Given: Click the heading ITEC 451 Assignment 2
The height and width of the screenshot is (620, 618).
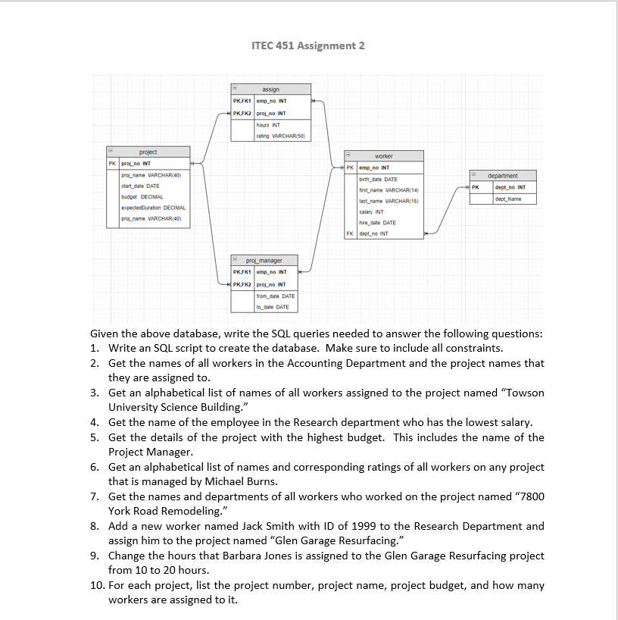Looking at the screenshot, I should pos(307,45).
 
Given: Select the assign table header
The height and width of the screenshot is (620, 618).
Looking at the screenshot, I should pos(270,89).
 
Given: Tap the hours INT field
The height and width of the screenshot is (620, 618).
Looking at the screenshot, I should pos(269,124).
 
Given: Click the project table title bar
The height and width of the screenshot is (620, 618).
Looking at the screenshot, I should pos(148,152).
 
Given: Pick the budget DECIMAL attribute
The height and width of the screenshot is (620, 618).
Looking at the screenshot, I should pos(138,196).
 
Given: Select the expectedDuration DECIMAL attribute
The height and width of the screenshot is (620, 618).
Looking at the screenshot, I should pos(154,207).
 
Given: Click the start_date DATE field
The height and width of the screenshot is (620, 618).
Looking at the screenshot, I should pos(140,186).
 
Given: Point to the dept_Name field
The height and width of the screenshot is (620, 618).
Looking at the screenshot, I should pos(507,199).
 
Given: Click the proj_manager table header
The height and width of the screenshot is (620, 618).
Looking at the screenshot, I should pos(264,260).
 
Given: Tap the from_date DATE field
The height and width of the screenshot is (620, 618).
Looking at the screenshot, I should pos(276,296).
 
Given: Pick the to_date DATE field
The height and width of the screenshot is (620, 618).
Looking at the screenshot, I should pos(273,307).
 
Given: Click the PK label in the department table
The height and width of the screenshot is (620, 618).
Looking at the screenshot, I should pos(476,186).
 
